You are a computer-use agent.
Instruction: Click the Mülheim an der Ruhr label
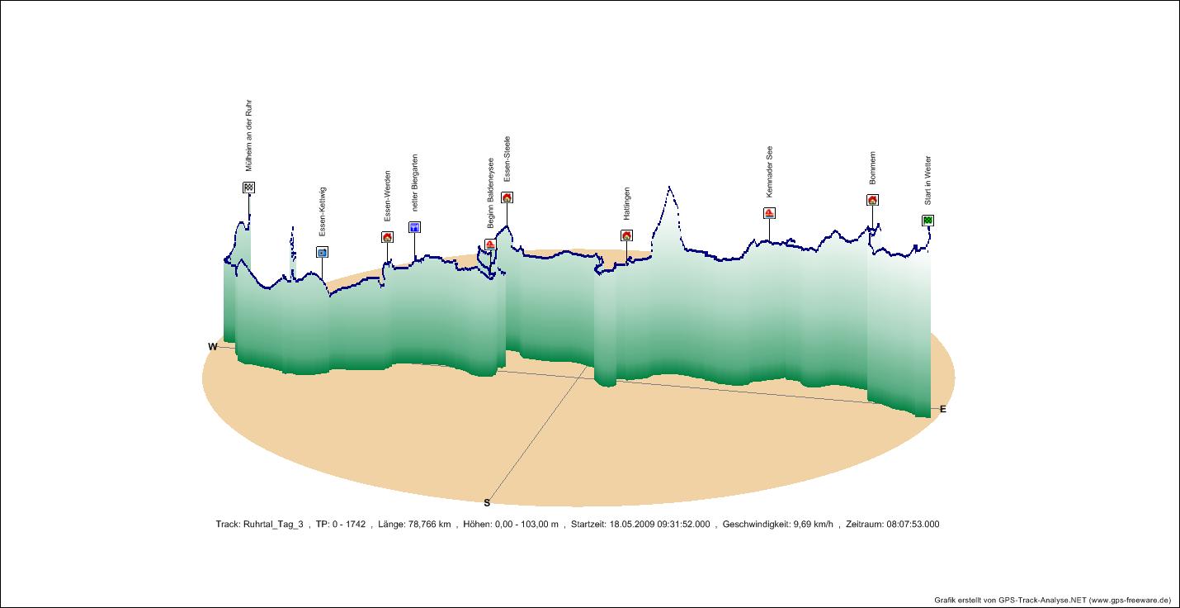coord(248,135)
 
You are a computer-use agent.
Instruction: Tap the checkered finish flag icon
coord(248,188)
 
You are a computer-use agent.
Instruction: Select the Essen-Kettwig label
coord(322,211)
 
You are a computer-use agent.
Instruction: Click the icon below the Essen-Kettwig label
coord(322,253)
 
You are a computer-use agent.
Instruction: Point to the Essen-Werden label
coord(387,196)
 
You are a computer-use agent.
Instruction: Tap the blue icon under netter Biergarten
coord(414,227)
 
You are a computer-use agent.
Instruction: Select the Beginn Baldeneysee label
coord(490,192)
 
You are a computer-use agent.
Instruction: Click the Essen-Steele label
coord(507,159)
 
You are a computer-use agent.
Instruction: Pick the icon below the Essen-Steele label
coord(507,197)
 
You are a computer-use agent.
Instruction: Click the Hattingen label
coord(626,203)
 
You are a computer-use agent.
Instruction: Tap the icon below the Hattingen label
coord(626,235)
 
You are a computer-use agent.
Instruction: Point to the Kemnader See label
coord(769,172)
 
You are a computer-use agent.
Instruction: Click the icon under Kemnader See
coord(769,213)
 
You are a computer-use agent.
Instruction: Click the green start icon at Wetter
coord(927,220)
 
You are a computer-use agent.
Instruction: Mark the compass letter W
coord(212,347)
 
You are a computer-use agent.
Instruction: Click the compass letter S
coord(487,502)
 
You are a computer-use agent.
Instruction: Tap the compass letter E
coord(942,409)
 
